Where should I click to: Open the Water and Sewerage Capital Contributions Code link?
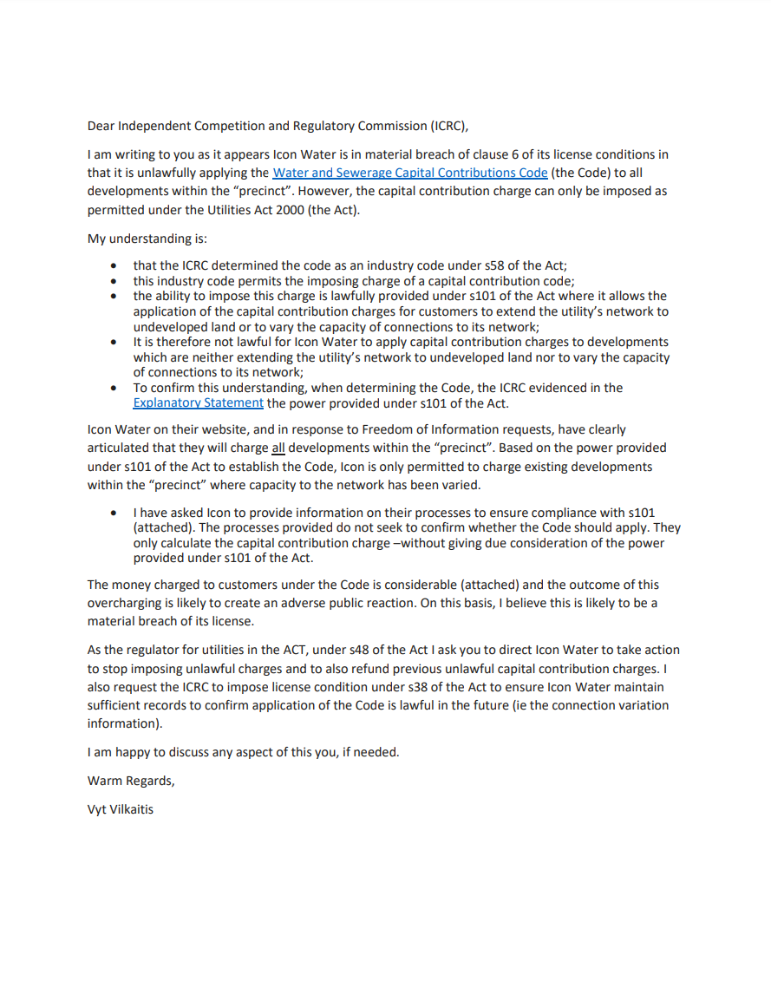[409, 173]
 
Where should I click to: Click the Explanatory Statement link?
[198, 402]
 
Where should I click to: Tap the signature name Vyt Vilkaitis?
[120, 810]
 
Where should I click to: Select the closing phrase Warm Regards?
[130, 781]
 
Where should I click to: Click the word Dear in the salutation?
[101, 126]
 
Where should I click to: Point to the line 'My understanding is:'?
[139, 239]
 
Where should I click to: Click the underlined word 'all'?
[278, 448]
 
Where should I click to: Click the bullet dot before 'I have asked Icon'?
[114, 513]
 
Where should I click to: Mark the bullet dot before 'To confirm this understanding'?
[114, 388]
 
